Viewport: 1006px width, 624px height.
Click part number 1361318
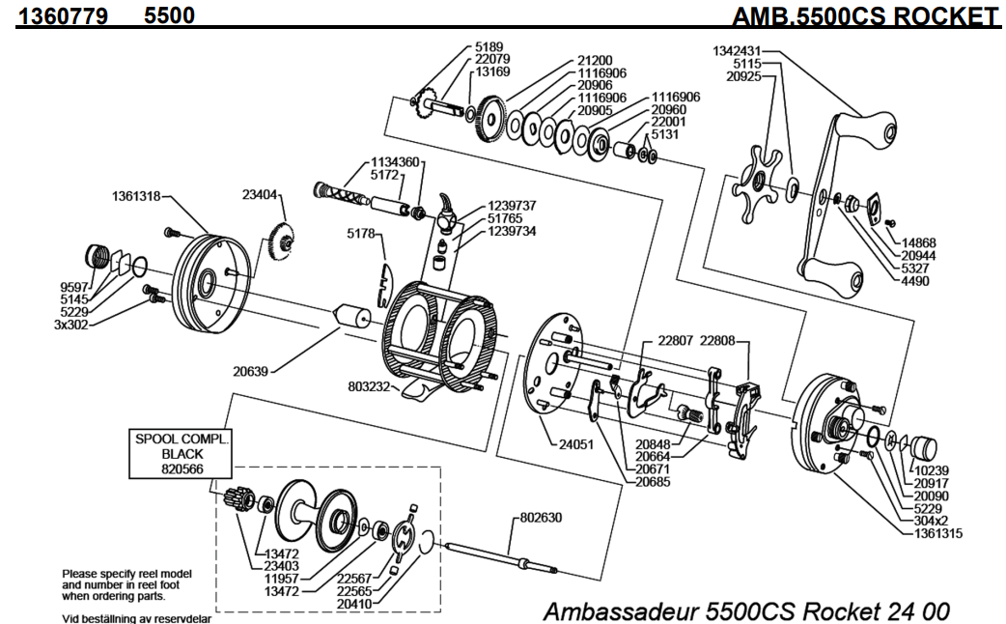click(133, 196)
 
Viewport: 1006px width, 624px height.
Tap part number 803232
click(369, 387)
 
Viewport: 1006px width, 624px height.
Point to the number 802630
click(542, 518)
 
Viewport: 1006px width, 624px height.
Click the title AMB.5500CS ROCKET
click(865, 16)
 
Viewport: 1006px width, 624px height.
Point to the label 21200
click(597, 60)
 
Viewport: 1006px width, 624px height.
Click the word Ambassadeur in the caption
click(622, 610)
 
